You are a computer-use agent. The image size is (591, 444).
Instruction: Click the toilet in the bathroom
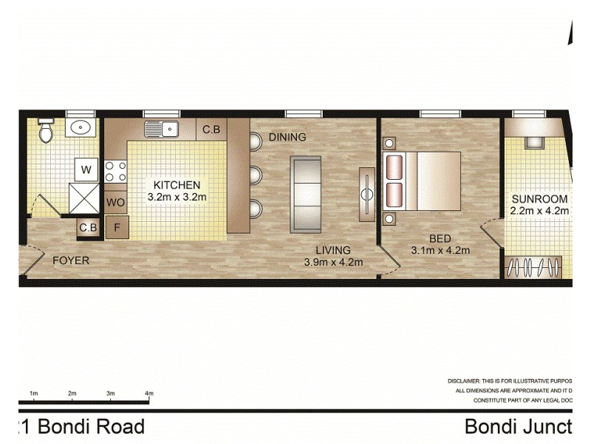point(46,130)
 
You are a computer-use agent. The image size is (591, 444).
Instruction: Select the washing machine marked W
point(86,170)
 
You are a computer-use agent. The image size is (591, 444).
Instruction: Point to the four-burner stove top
point(115,172)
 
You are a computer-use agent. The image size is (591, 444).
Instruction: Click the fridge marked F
point(116,227)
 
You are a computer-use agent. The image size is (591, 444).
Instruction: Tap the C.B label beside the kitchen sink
point(211,129)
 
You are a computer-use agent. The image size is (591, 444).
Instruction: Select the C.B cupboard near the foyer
point(88,227)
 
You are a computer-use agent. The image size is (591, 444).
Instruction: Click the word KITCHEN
point(177,185)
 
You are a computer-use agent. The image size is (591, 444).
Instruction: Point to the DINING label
point(287,137)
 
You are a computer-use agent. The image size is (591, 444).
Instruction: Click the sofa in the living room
point(305,194)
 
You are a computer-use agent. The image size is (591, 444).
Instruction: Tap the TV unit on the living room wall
point(366,194)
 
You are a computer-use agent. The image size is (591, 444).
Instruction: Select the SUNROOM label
point(539,199)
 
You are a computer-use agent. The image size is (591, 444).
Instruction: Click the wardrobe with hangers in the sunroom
point(532,266)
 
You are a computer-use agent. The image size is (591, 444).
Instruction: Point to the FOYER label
point(71,260)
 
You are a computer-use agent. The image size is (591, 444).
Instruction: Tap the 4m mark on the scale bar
point(149,393)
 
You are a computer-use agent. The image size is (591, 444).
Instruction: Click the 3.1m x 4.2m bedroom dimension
point(440,250)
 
